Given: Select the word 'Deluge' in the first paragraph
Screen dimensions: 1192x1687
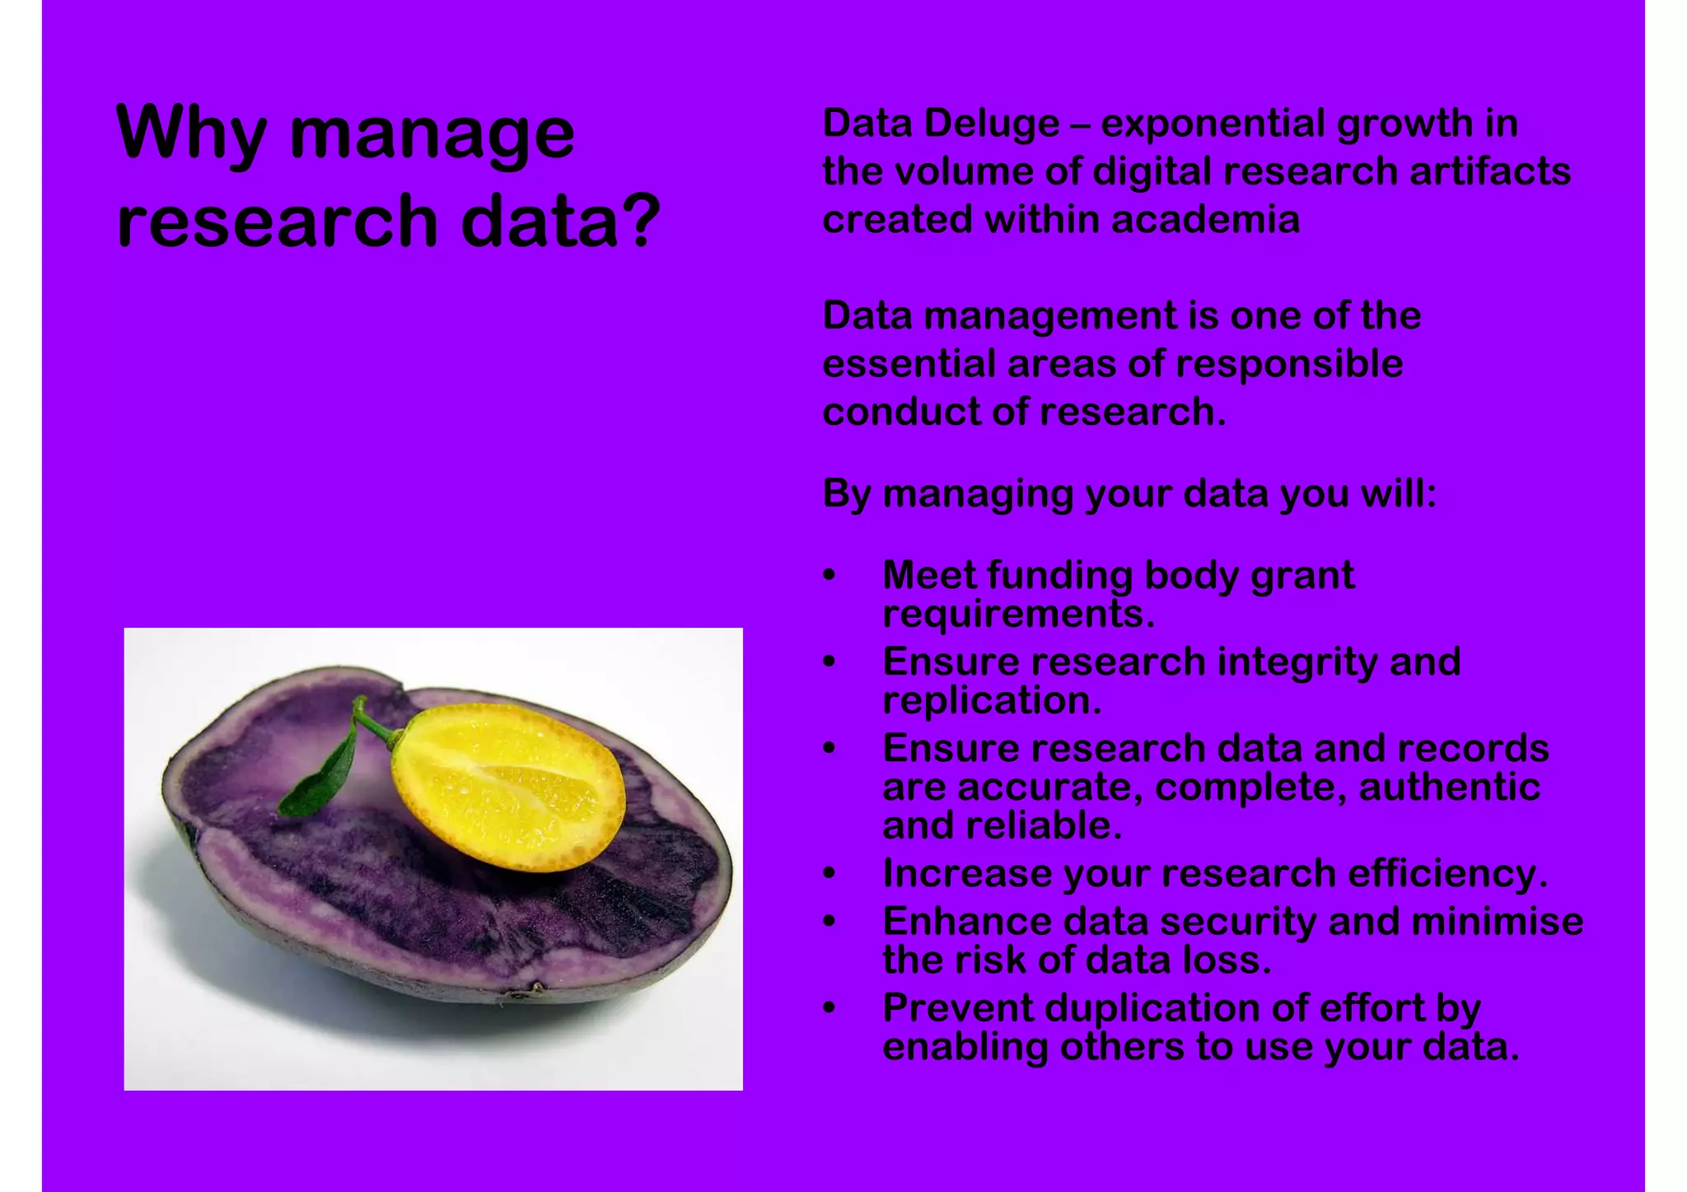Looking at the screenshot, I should coord(991,124).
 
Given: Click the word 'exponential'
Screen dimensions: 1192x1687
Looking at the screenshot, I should coord(1213,124).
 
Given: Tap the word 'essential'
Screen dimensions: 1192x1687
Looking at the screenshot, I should coord(909,364).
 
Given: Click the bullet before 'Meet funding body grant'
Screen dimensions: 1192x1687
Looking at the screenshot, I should coord(829,575).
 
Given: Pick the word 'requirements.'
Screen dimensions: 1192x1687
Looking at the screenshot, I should coord(1018,614).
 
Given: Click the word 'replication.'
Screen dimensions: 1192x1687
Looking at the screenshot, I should coord(992,701).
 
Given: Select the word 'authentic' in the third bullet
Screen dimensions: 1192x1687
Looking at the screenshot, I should coord(1449,787).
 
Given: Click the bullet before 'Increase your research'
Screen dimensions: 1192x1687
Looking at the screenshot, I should coord(829,874).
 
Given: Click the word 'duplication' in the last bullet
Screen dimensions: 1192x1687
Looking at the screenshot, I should coord(1152,1008).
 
